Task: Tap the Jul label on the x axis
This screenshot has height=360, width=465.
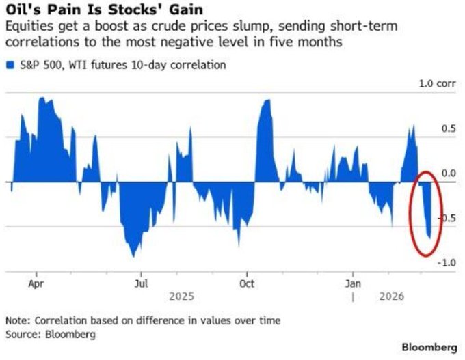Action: (x=141, y=282)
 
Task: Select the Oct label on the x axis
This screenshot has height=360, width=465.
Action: (x=248, y=282)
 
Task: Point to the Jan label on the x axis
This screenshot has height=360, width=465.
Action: (x=353, y=282)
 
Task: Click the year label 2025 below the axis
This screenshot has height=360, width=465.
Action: (x=181, y=296)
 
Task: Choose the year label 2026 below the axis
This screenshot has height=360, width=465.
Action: (x=390, y=296)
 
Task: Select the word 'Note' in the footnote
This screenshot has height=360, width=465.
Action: (x=17, y=320)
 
